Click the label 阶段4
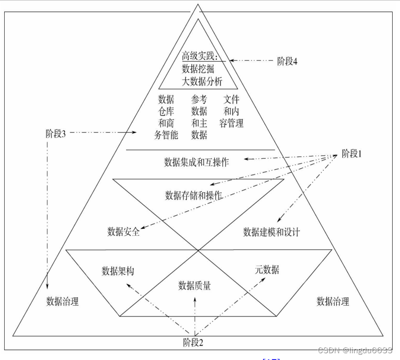tap(287, 61)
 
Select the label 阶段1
tap(352, 154)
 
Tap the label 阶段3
tap(55, 133)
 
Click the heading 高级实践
tap(200, 56)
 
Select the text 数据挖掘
tap(198, 68)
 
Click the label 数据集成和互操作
tap(197, 162)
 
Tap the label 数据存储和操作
tap(193, 195)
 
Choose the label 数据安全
tap(123, 231)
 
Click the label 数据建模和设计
tap(271, 232)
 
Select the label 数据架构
tap(118, 271)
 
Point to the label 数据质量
tap(195, 285)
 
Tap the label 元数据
tap(267, 270)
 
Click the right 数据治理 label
tap(333, 301)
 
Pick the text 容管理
tap(232, 124)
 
